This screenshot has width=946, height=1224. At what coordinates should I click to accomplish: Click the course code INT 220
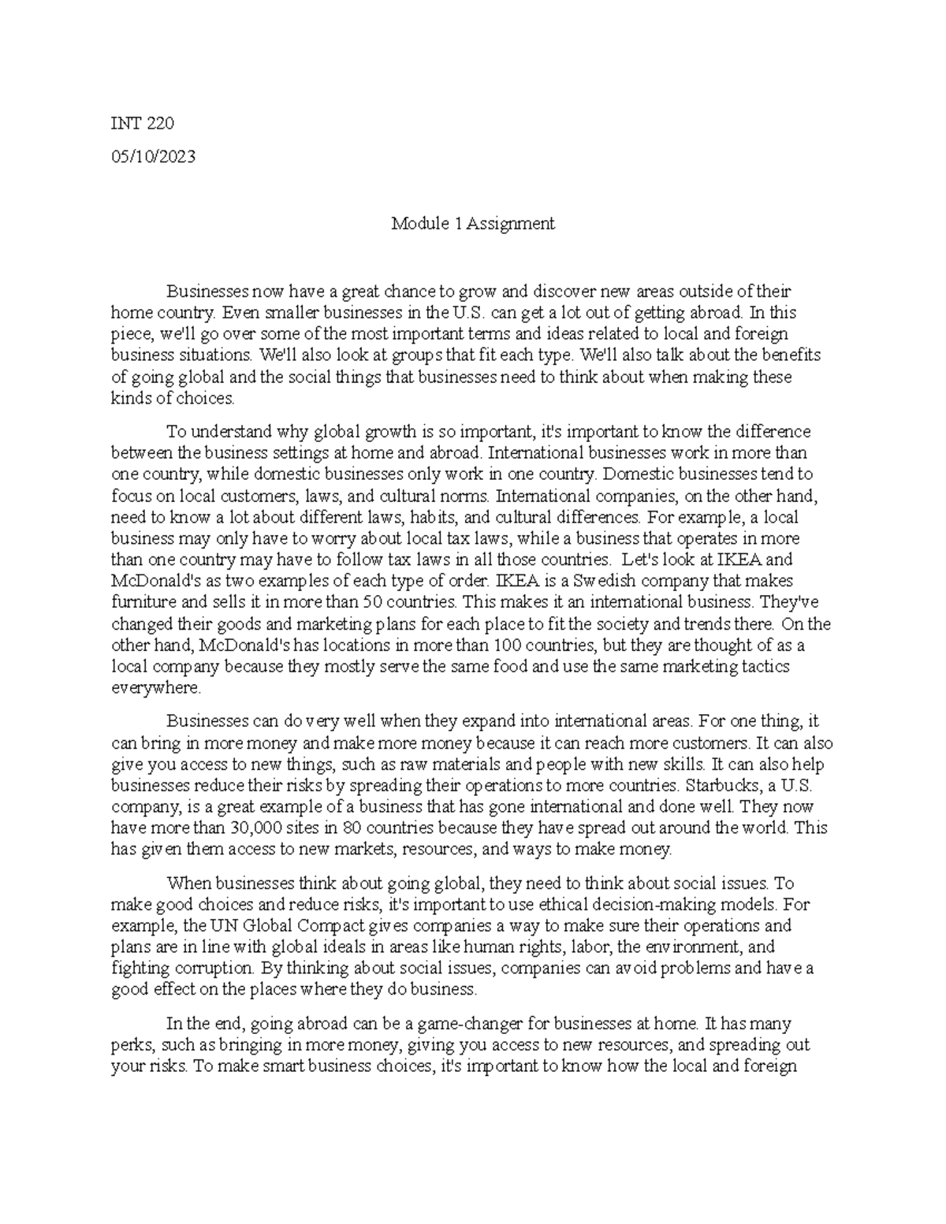point(142,124)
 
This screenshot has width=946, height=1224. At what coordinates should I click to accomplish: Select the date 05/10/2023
point(153,156)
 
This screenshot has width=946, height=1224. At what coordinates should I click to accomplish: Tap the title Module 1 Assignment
point(473,224)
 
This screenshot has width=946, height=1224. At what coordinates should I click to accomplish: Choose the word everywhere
point(156,688)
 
